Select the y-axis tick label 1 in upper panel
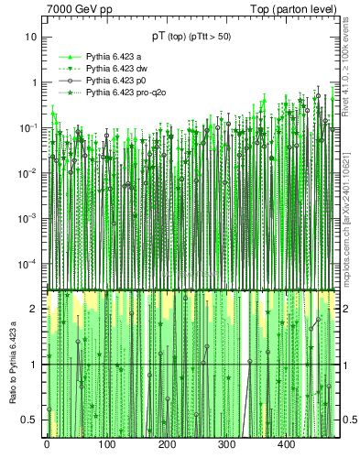(x=35, y=82)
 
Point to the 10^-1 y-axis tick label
(x=29, y=126)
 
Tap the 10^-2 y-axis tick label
(x=29, y=172)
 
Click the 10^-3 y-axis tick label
(x=29, y=217)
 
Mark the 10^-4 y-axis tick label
(x=29, y=263)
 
